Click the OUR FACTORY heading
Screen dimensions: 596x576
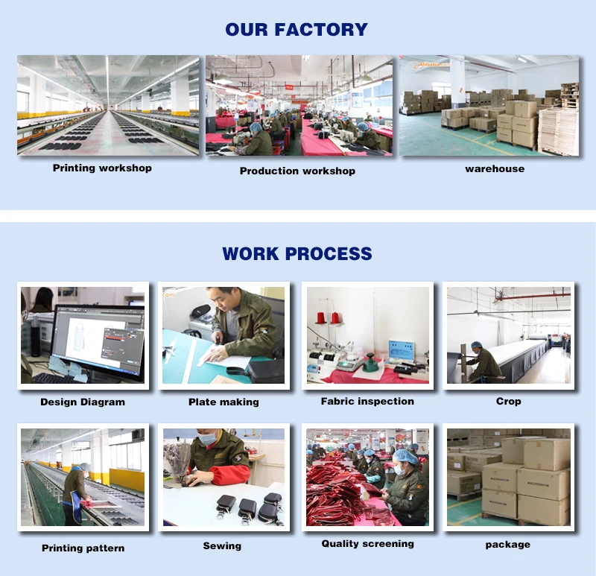tap(297, 30)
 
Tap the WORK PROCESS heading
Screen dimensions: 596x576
tap(297, 253)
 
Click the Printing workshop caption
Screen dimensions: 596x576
tap(102, 168)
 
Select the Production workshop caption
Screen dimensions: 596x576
tap(297, 171)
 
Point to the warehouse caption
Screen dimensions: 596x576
tap(495, 169)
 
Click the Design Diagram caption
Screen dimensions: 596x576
tap(83, 402)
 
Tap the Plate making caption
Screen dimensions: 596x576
tap(223, 402)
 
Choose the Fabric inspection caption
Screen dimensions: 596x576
tap(367, 402)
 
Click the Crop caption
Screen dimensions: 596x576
tap(508, 402)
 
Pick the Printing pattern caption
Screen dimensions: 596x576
tap(83, 548)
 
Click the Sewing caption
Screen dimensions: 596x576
tap(222, 546)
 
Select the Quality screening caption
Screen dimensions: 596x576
tap(367, 544)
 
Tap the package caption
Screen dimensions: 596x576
tap(508, 545)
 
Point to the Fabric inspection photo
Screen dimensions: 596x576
tap(367, 335)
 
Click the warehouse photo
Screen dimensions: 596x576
tap(489, 105)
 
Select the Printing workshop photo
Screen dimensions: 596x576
tap(108, 105)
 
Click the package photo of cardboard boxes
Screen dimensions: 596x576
tap(508, 477)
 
